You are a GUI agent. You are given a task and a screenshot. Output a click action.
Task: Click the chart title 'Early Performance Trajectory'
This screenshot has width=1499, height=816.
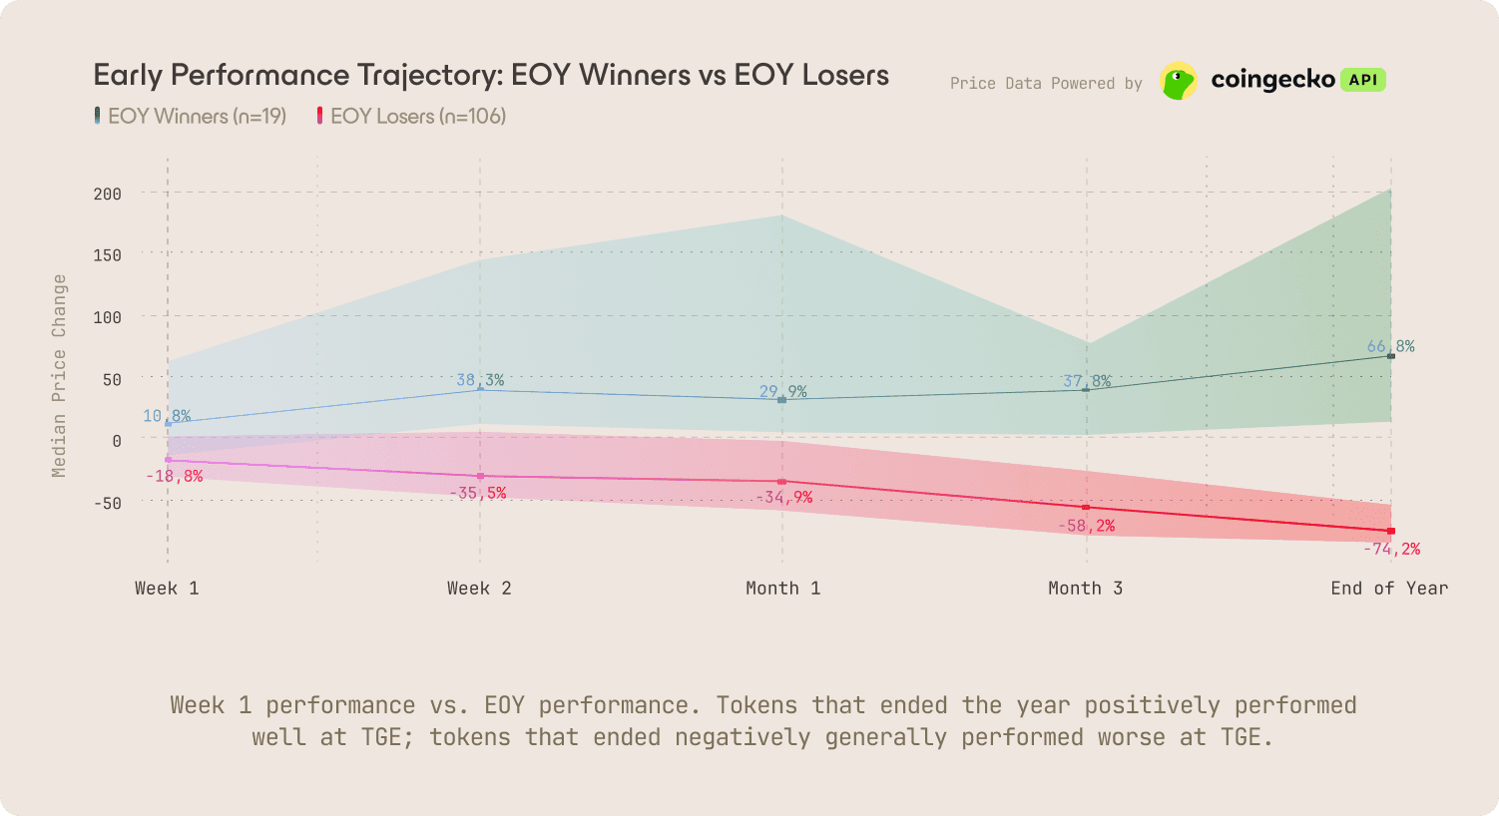click(490, 75)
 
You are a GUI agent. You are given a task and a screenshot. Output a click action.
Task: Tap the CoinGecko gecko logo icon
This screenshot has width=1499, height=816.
click(1179, 81)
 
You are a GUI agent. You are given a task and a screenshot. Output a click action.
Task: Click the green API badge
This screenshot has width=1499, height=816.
click(1362, 80)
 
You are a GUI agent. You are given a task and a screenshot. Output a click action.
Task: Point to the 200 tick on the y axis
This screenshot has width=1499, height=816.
click(108, 194)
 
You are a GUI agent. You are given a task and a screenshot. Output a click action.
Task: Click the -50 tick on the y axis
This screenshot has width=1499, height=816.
click(108, 503)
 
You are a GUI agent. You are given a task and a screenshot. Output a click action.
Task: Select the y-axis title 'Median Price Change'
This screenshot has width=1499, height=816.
click(60, 375)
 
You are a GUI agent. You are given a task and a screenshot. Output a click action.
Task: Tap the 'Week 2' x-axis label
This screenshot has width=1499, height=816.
click(479, 589)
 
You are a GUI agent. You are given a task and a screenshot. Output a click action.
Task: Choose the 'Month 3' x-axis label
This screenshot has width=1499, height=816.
click(1085, 589)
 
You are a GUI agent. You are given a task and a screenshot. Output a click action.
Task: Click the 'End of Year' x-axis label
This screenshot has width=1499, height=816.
click(1388, 589)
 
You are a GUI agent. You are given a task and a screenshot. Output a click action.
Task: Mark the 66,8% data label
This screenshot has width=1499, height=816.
click(1390, 346)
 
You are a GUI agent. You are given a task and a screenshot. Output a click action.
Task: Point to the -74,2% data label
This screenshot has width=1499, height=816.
click(1391, 549)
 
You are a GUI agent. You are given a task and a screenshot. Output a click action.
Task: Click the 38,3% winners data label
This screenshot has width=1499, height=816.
click(480, 380)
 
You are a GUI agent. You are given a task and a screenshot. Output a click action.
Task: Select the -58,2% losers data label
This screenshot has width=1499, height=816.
click(1086, 526)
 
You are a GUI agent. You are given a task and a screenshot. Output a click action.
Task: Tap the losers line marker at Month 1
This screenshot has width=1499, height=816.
click(781, 482)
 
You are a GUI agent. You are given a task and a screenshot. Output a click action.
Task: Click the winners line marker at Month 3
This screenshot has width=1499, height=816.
click(1086, 389)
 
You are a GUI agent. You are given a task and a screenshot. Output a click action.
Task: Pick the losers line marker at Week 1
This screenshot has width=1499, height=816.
click(168, 460)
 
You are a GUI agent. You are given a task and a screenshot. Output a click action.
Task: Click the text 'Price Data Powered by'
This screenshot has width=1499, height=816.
click(1046, 84)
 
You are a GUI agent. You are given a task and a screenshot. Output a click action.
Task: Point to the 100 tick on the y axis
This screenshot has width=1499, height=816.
click(108, 317)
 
